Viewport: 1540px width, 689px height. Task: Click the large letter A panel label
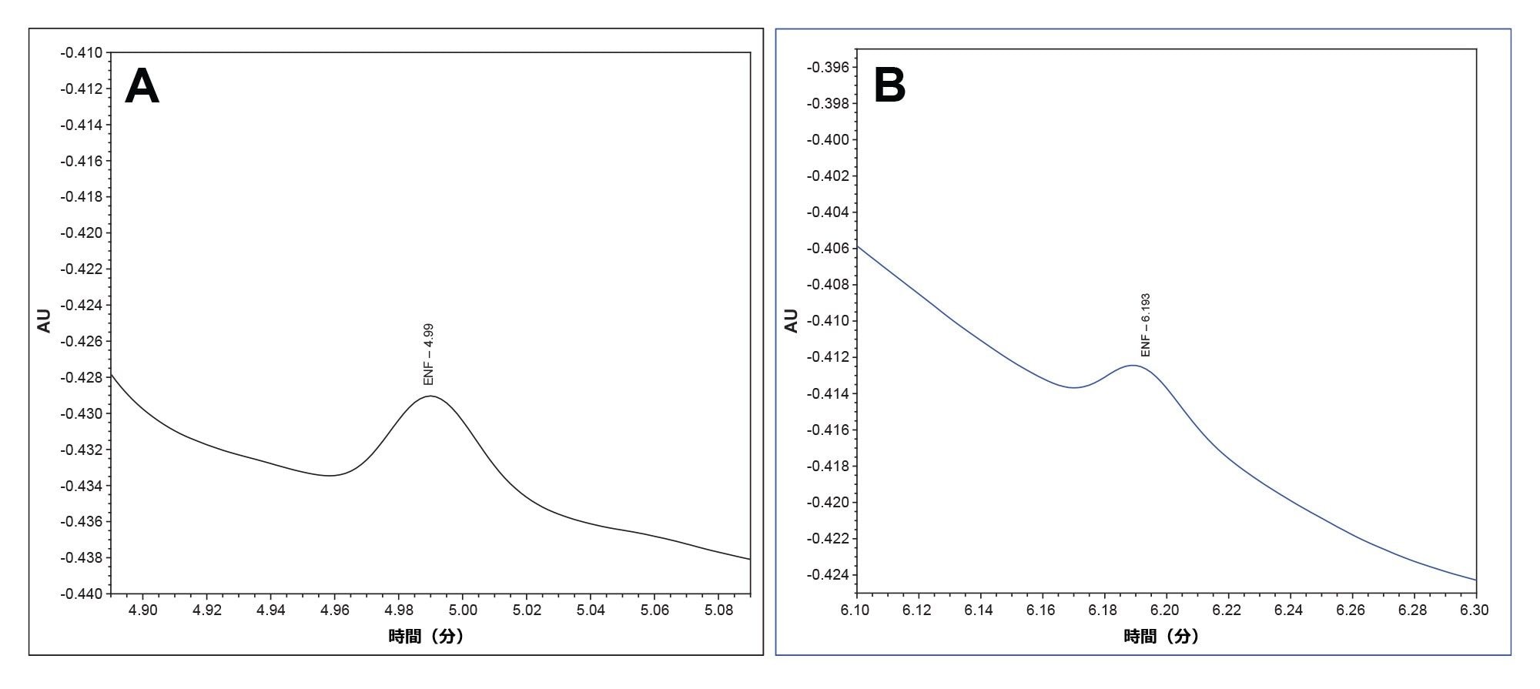click(142, 86)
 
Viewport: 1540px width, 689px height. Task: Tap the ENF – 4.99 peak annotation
click(429, 354)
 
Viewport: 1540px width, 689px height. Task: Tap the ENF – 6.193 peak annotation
click(1145, 324)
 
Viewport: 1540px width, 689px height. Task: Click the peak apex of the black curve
click(430, 396)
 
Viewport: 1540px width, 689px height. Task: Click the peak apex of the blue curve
click(1133, 366)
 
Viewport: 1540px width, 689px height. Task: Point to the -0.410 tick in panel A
click(82, 53)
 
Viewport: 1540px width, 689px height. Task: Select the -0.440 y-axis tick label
click(82, 594)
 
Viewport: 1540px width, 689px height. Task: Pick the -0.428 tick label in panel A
click(82, 377)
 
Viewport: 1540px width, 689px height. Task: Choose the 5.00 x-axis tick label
click(462, 610)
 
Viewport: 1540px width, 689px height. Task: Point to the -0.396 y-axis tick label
click(827, 68)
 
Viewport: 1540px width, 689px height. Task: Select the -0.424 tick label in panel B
click(827, 574)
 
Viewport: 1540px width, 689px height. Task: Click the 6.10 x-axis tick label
click(855, 610)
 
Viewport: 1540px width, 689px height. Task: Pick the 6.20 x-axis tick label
click(1166, 610)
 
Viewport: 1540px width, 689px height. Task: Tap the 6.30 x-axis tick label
click(1475, 610)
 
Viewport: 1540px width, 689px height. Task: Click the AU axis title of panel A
click(45, 320)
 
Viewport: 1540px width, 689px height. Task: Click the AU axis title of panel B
click(792, 320)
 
